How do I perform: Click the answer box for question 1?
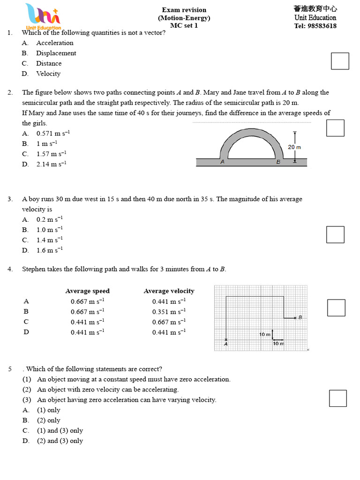(x=340, y=61)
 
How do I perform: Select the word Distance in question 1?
(x=49, y=63)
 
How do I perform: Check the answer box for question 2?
(x=335, y=128)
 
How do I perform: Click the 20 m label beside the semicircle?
(x=294, y=147)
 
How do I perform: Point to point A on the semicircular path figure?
(x=222, y=162)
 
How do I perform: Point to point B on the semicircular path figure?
(x=278, y=162)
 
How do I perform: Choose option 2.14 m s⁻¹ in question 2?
(x=52, y=164)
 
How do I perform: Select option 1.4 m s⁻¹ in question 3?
(x=50, y=240)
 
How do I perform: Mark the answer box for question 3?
(x=335, y=234)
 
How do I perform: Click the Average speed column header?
(x=87, y=291)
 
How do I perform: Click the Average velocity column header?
(x=169, y=291)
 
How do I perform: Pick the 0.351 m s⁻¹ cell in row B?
(x=169, y=312)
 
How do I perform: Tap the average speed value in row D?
(x=87, y=332)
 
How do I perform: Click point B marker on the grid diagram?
(x=295, y=318)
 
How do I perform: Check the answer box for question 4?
(x=336, y=307)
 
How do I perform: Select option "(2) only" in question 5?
(x=49, y=420)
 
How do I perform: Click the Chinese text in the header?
(x=315, y=9)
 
